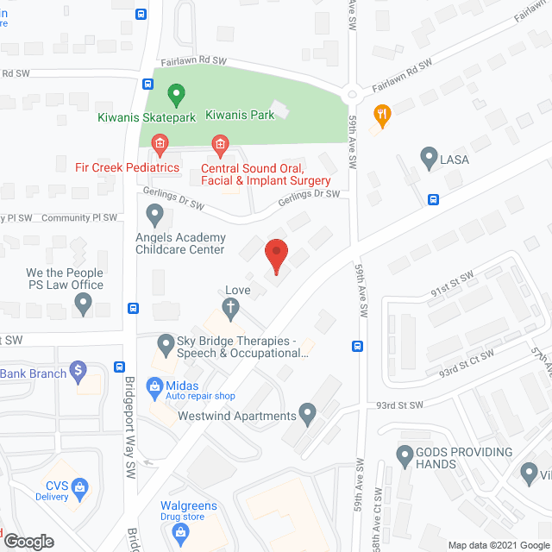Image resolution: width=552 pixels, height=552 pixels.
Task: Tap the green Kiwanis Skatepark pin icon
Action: coord(176,92)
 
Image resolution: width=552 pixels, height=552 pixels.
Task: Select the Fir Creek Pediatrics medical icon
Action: coord(159,143)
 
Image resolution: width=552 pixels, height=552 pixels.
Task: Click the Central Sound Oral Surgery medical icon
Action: coord(220,143)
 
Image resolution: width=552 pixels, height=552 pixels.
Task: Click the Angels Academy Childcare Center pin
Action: coord(154,212)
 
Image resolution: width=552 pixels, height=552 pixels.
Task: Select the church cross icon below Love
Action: coord(231,307)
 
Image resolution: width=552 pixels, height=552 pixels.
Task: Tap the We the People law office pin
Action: coord(83,303)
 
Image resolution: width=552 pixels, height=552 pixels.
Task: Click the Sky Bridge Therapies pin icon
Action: coord(166,344)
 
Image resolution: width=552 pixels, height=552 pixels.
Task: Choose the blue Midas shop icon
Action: coord(154,386)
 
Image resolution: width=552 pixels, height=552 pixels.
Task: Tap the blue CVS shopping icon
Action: coord(79,487)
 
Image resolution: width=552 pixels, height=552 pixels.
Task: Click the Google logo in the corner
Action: coord(28,541)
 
